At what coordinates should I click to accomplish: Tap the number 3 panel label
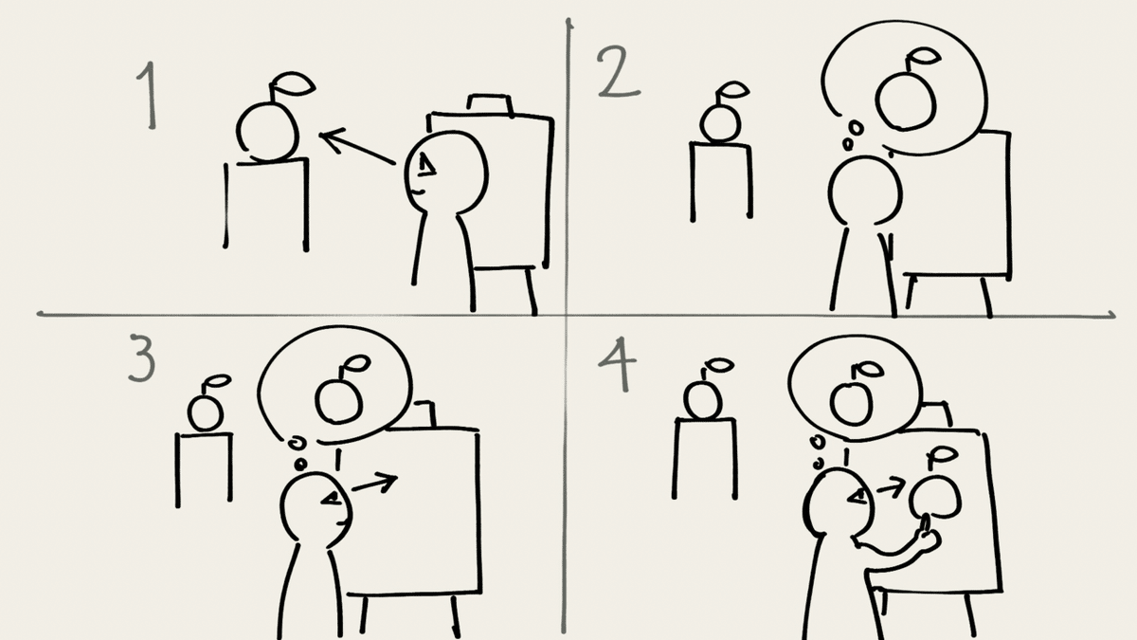click(142, 357)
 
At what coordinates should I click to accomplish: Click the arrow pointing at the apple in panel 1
click(357, 147)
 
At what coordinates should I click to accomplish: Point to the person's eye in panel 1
click(425, 166)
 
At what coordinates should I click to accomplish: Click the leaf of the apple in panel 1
click(294, 84)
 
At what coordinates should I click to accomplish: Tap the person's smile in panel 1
click(418, 192)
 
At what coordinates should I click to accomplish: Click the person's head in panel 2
click(865, 192)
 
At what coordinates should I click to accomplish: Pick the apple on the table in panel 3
click(207, 405)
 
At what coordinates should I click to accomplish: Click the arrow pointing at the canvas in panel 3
click(374, 484)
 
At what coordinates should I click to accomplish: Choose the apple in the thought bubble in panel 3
click(340, 391)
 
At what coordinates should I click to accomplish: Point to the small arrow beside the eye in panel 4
click(892, 488)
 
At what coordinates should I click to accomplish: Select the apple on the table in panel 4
click(705, 390)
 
